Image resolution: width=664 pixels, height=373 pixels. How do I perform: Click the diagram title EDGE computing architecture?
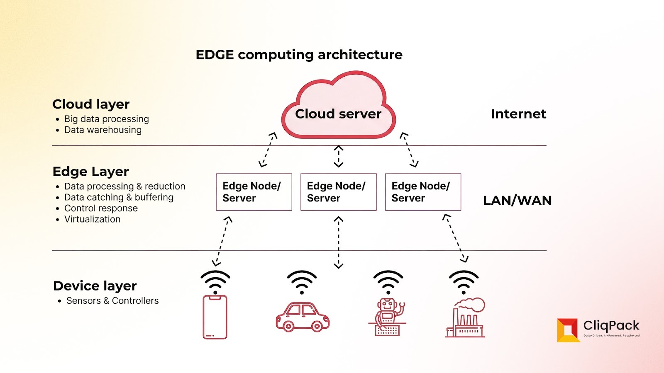pyautogui.click(x=299, y=55)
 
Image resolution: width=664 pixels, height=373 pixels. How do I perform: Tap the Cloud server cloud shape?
pyautogui.click(x=338, y=108)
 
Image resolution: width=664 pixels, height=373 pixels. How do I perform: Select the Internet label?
pyautogui.click(x=518, y=114)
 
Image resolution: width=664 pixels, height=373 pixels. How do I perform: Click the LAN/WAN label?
pyautogui.click(x=517, y=201)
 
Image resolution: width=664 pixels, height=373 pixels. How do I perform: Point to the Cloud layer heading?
pyautogui.click(x=91, y=104)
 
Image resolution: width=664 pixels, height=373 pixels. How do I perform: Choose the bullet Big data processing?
pyautogui.click(x=106, y=119)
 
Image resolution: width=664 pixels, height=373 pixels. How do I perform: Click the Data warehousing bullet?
pyautogui.click(x=103, y=130)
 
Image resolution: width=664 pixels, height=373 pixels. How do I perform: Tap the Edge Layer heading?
pyautogui.click(x=90, y=172)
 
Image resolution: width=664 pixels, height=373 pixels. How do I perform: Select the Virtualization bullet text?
pyautogui.click(x=92, y=219)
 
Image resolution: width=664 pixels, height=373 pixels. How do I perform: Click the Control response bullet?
pyautogui.click(x=101, y=208)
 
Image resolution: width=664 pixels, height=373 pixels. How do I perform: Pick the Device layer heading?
pyautogui.click(x=95, y=286)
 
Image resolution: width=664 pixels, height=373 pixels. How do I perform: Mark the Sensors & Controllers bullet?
pyautogui.click(x=112, y=301)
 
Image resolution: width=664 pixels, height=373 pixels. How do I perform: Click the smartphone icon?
pyautogui.click(x=215, y=317)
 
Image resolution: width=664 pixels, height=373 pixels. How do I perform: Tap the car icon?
pyautogui.click(x=303, y=317)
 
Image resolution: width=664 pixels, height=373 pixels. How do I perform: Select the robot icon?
pyautogui.click(x=387, y=317)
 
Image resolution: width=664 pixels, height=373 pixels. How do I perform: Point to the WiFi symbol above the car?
pyautogui.click(x=302, y=282)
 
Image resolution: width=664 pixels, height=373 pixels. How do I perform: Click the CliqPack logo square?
pyautogui.click(x=567, y=330)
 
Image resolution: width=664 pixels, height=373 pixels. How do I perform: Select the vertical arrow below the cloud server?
pyautogui.click(x=339, y=156)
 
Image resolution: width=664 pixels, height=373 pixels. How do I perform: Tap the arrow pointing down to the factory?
pyautogui.click(x=455, y=238)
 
